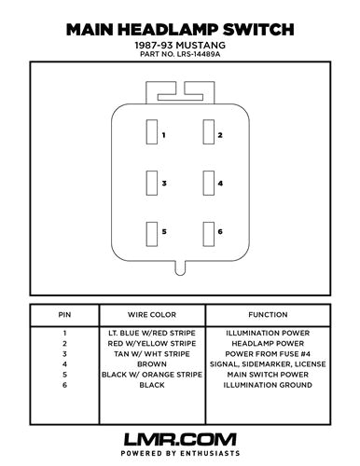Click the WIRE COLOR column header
(151, 315)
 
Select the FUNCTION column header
(268, 315)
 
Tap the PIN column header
(64, 315)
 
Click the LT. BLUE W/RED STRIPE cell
(151, 333)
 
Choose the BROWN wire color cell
(151, 364)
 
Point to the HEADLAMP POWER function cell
(268, 343)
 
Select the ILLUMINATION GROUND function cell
(268, 385)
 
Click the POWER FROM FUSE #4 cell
(268, 354)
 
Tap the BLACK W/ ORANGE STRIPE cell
(151, 375)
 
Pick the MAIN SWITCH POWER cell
(268, 375)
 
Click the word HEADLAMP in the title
(178, 29)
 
